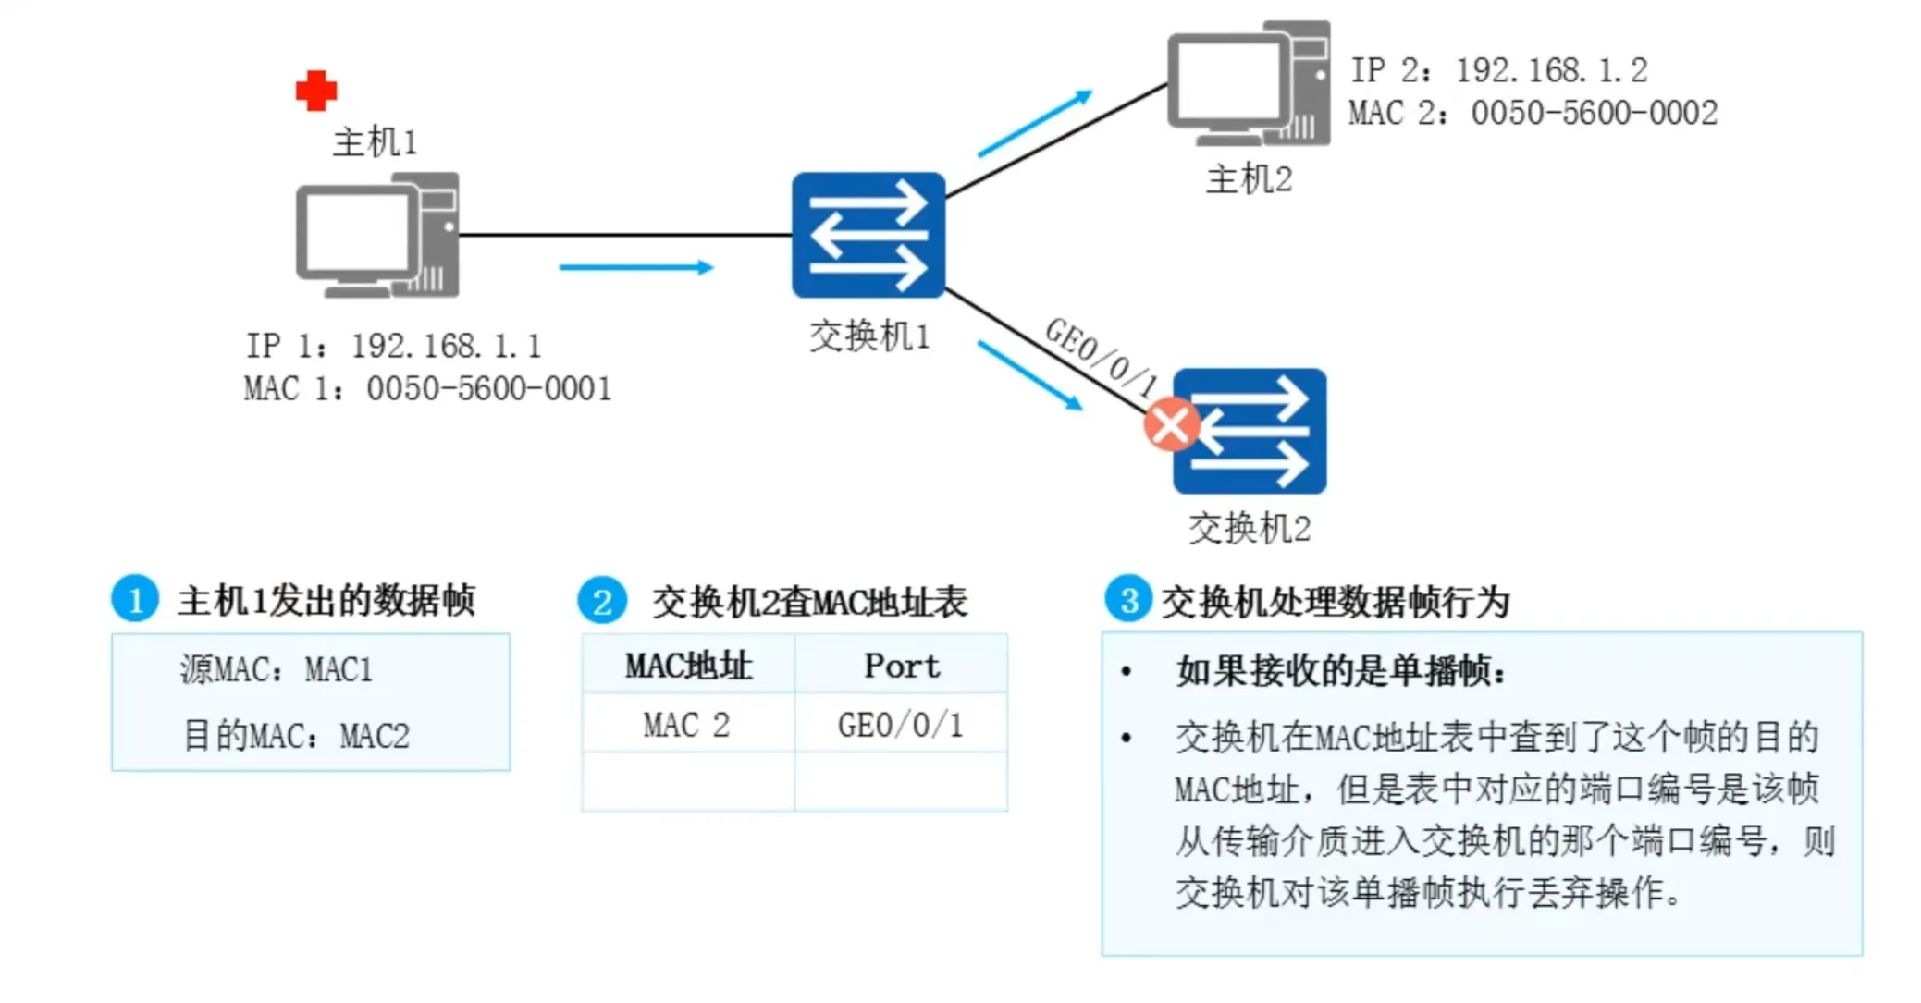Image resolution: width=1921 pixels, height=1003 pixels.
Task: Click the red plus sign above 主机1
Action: [x=316, y=91]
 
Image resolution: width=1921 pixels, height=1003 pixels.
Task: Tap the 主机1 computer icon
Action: [x=376, y=236]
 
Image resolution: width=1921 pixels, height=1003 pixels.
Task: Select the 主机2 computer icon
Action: [x=1248, y=83]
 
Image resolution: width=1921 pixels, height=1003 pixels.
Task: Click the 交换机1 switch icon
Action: [x=868, y=235]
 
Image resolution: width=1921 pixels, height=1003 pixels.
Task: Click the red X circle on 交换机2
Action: [x=1171, y=424]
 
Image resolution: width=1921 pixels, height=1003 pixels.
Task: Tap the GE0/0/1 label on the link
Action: [x=1102, y=356]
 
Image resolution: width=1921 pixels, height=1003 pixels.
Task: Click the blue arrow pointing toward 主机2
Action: [x=1035, y=123]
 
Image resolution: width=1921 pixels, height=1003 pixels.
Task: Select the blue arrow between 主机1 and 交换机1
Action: [x=636, y=267]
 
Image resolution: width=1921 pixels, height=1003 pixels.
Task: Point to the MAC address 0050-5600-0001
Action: [x=488, y=388]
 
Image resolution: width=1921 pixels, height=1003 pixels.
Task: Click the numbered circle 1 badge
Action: [x=135, y=599]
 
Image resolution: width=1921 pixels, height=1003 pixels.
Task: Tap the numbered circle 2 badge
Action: [x=602, y=601]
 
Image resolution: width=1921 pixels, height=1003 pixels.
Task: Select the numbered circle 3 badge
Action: [x=1128, y=599]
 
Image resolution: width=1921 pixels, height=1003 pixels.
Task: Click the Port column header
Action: [x=901, y=666]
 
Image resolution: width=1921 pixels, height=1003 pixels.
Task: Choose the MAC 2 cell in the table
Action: [x=686, y=725]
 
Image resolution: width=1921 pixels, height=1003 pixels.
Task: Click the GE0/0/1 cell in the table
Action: [x=900, y=725]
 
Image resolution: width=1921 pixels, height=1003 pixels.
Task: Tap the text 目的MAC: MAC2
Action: [x=296, y=736]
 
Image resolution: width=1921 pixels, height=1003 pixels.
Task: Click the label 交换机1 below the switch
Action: [x=869, y=336]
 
